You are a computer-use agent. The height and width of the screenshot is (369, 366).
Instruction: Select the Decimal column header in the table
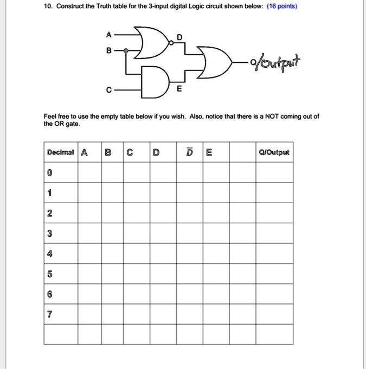tap(61, 152)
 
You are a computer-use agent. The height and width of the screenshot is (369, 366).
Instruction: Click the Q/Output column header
tap(275, 152)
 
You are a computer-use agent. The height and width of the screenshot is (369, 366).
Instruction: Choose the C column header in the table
tap(129, 152)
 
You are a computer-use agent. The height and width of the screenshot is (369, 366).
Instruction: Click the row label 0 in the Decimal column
tap(50, 173)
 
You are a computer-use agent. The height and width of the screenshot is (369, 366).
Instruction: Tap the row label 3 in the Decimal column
tap(50, 234)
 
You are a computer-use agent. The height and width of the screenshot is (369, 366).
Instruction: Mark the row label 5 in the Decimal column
tap(50, 274)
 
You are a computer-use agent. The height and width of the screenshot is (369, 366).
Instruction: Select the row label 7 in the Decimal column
tap(50, 315)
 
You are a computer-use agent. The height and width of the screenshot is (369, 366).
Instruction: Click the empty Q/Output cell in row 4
tap(275, 254)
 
